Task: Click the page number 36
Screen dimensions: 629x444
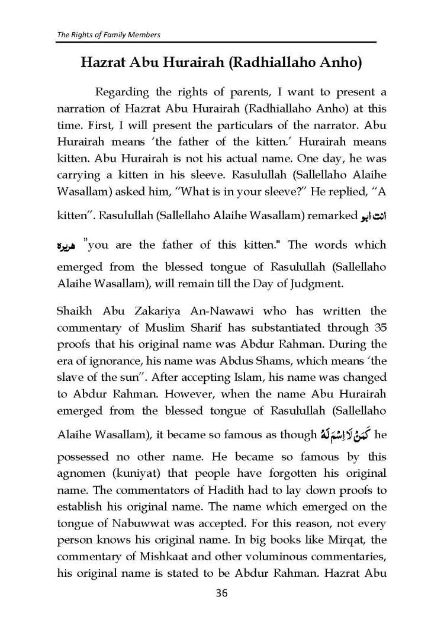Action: tap(221, 592)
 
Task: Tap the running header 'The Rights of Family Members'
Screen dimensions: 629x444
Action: tap(108, 34)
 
